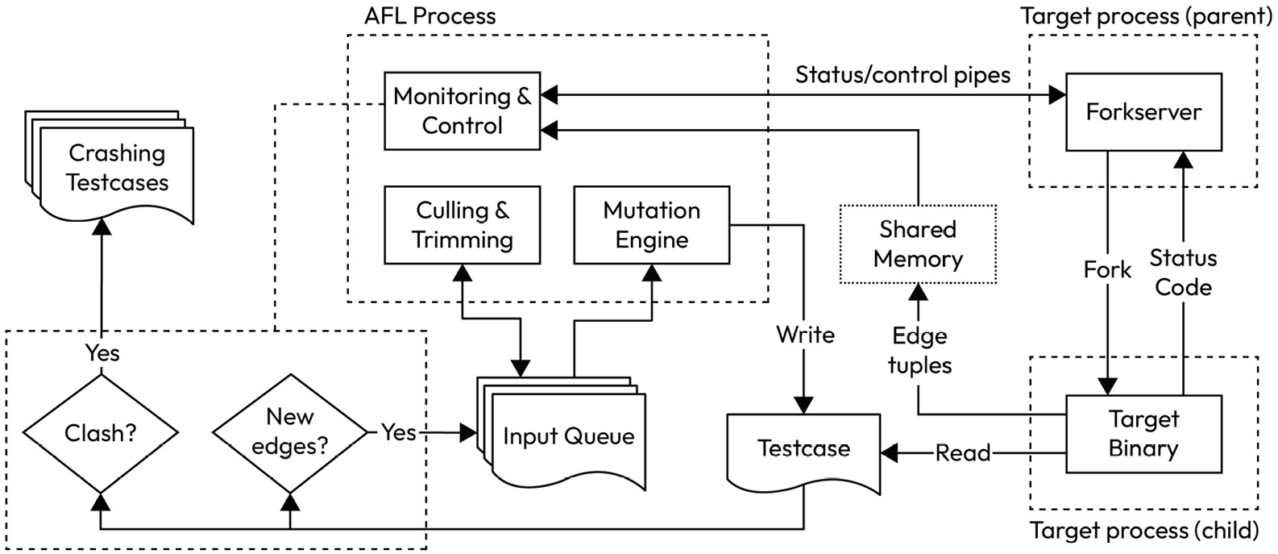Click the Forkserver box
coord(1143,111)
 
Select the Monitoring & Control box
coord(462,110)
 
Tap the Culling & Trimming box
coord(462,225)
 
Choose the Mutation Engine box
coord(651,225)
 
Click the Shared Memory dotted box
coord(918,244)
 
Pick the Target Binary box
coord(1143,433)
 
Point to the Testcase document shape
coord(803,449)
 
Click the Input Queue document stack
coord(568,437)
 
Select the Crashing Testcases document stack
coord(117,168)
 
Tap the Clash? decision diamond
coord(100,433)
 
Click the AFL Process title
coord(429,16)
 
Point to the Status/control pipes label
coord(902,75)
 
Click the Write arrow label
coord(805,335)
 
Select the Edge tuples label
coord(919,350)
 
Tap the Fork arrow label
coord(1107,269)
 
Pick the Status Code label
coord(1183,273)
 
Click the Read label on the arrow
coord(963,453)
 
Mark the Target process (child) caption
coord(1144,531)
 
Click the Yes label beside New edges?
coord(398,432)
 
